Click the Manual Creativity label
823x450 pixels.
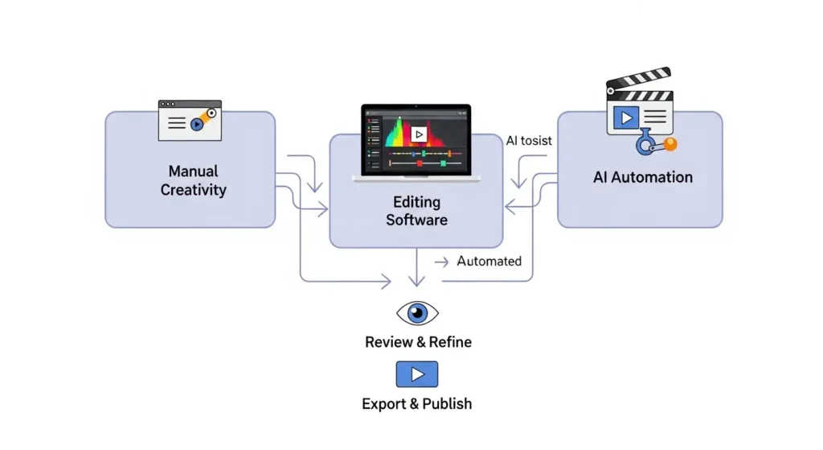pos(193,180)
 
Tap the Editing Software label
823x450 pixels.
pos(416,210)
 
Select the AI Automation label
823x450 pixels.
pos(642,177)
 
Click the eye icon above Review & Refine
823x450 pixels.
pos(417,313)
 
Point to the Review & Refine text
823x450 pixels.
pos(418,342)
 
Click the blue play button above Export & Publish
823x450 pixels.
pos(417,374)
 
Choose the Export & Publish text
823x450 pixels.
pos(416,403)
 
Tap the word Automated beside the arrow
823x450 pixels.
pos(489,261)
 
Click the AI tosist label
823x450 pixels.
pos(529,141)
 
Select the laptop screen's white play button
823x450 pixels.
pos(419,134)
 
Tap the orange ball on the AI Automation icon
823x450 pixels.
pos(669,144)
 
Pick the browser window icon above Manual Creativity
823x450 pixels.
pos(190,120)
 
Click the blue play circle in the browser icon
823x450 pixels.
pos(196,124)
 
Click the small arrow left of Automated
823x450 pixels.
pos(441,262)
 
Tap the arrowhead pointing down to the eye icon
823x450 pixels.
pos(416,281)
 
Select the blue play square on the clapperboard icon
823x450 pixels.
pos(625,118)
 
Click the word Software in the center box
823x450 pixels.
pos(416,220)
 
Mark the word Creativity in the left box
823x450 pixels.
pos(193,190)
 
